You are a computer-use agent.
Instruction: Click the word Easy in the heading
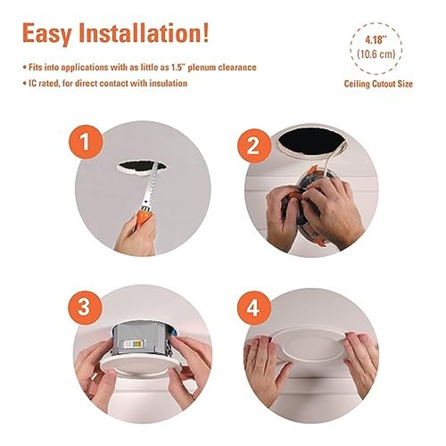click(x=46, y=34)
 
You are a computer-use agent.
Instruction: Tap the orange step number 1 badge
click(x=86, y=142)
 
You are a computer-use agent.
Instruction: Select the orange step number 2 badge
click(x=254, y=145)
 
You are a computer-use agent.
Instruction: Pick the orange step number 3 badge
click(x=84, y=308)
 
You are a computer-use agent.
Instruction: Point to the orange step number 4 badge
click(x=253, y=308)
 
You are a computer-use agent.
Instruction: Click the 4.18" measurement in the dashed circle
click(x=376, y=40)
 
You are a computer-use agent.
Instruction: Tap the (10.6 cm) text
click(x=376, y=54)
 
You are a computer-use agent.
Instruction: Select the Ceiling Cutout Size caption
click(x=378, y=84)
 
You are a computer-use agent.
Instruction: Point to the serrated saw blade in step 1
click(x=149, y=186)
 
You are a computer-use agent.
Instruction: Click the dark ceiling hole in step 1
click(x=141, y=167)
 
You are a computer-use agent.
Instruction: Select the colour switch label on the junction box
click(x=132, y=344)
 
